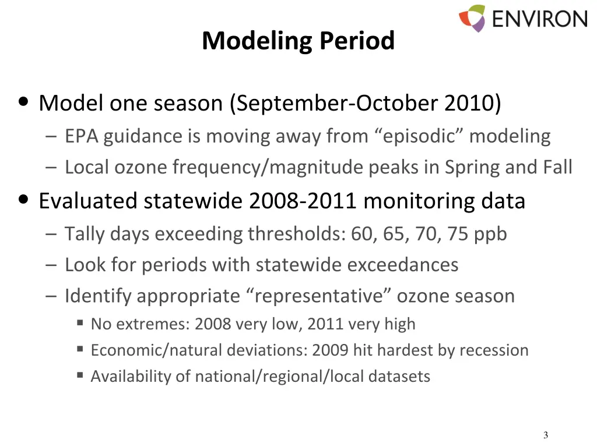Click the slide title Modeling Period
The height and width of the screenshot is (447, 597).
click(x=298, y=41)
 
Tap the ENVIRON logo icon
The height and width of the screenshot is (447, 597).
click(x=472, y=18)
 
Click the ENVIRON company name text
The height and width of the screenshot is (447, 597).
click(x=539, y=18)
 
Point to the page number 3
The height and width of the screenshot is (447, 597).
click(x=545, y=435)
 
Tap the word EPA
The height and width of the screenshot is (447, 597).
click(x=82, y=136)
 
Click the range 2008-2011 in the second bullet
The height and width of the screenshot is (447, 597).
click(x=302, y=201)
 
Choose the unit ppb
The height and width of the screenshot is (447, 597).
click(x=490, y=234)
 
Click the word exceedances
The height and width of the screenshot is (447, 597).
click(x=403, y=265)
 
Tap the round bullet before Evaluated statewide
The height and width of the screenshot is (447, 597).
click(x=24, y=200)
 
